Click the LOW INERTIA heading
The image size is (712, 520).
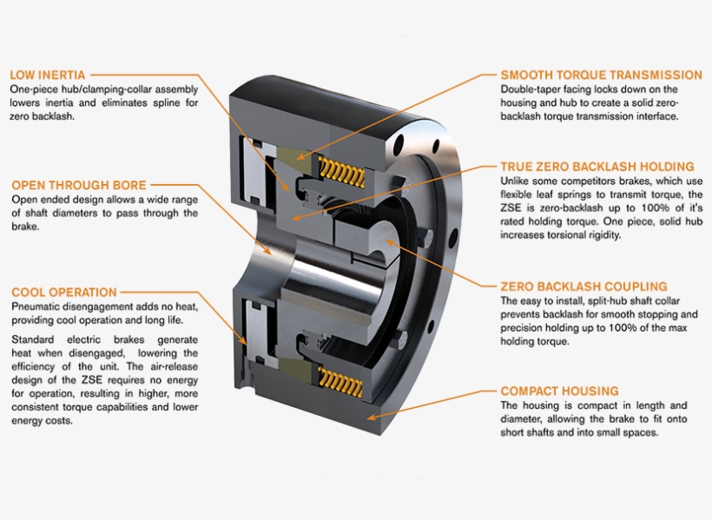(47, 76)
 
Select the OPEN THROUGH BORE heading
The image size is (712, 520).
(78, 185)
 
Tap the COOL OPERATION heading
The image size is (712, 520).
(63, 293)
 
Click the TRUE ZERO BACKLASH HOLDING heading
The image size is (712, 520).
(597, 166)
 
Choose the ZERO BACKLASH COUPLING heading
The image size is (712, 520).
(583, 286)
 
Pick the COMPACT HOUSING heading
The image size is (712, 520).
(559, 392)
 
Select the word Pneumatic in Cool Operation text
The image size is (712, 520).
(37, 308)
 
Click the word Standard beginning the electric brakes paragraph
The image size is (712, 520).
(35, 339)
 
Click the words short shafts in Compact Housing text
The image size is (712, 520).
(531, 432)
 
